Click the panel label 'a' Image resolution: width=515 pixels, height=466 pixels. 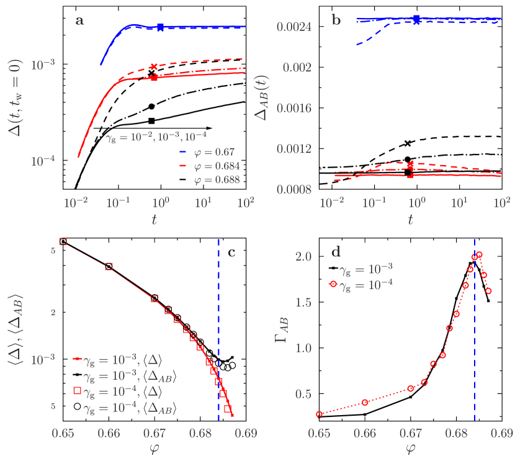(79, 20)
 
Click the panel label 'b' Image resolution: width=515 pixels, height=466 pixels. (337, 20)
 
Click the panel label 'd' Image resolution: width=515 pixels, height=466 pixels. (336, 252)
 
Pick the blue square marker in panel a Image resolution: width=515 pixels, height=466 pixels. (161, 27)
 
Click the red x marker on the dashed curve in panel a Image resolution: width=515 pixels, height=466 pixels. (154, 66)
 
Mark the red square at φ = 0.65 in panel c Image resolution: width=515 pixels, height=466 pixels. (63, 241)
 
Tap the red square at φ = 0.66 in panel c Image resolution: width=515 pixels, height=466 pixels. (109, 266)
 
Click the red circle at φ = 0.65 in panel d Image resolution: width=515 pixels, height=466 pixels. (319, 414)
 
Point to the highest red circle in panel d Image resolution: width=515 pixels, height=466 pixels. (479, 255)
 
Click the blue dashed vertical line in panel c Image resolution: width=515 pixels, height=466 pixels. (219, 323)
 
